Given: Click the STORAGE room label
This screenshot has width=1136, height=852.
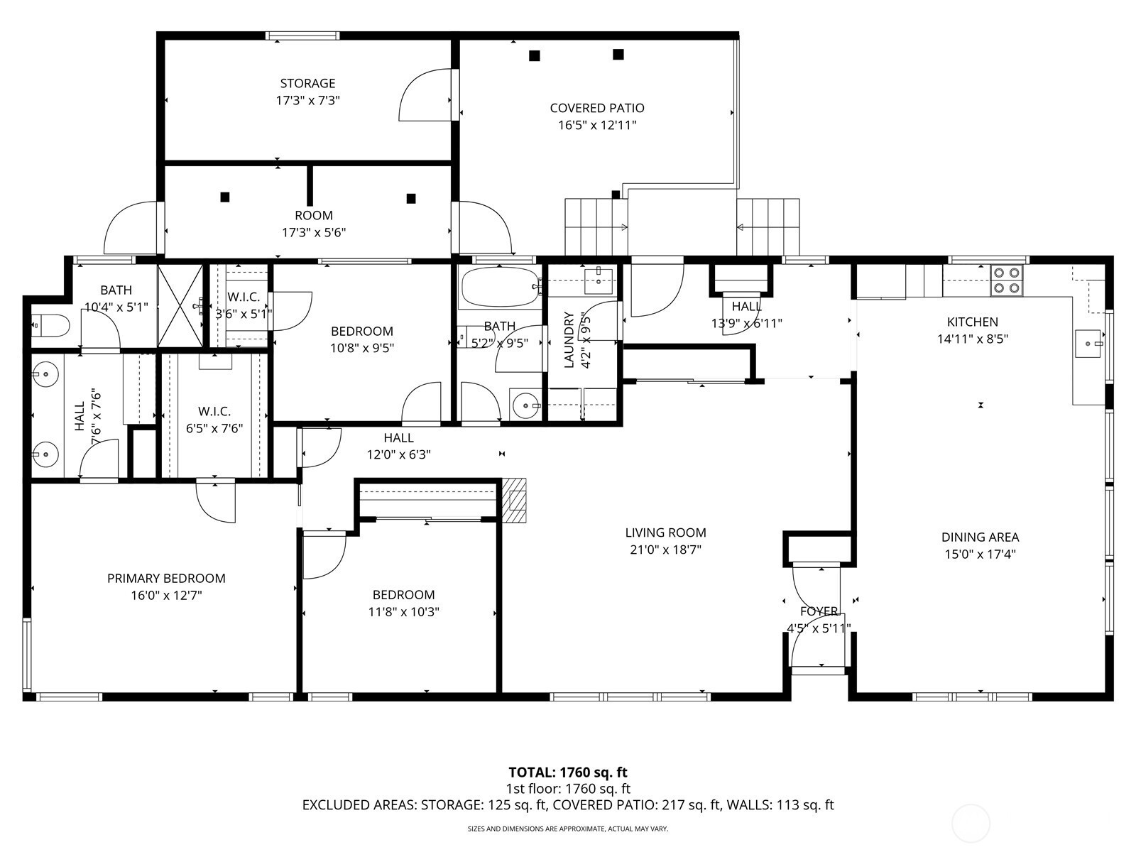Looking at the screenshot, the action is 307,83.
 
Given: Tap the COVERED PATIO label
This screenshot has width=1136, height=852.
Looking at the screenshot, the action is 596,108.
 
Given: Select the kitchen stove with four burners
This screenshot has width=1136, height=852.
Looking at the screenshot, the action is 1007,280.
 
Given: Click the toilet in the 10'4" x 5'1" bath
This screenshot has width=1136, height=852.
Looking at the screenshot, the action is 50,325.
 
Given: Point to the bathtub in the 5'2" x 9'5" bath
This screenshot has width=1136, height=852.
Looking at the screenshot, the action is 500,288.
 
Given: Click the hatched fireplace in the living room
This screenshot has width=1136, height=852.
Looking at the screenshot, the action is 514,501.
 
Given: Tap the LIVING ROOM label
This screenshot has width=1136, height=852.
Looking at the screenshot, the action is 665,532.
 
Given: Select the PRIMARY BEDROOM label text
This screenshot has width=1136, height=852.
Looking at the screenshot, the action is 166,579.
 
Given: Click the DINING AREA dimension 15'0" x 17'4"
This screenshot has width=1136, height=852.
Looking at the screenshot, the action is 981,555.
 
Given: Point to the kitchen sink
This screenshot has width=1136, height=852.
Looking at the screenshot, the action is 1088,344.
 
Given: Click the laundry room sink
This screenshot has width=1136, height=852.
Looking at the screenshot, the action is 599,281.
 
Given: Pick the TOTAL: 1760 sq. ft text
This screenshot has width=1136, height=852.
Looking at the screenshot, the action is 568,773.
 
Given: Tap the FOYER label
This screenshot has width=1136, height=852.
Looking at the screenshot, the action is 819,611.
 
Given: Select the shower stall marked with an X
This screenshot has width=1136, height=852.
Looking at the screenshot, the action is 180,305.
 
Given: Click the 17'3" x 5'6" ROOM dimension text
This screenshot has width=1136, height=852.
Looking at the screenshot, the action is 314,233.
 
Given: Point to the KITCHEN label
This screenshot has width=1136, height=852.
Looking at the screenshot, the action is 973,322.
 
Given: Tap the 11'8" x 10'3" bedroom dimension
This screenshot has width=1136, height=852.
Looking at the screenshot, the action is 404,612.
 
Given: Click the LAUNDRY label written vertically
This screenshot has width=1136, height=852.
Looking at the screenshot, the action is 569,339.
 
